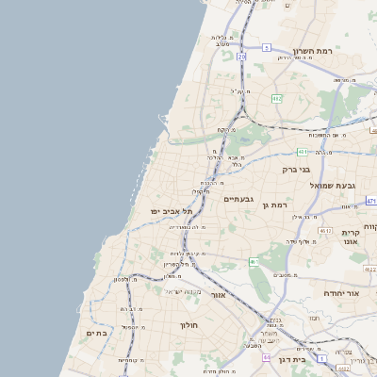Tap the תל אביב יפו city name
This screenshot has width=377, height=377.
[172, 212]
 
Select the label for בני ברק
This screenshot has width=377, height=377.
[296, 170]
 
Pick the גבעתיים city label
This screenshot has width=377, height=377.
[239, 199]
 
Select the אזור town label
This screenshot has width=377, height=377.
[219, 295]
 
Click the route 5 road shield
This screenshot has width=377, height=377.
[267, 47]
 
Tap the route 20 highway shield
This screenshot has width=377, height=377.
[241, 57]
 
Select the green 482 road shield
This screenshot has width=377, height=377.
[276, 98]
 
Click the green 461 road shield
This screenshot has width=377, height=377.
[254, 261]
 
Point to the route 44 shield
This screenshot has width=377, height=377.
[267, 358]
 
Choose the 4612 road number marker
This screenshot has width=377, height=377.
[325, 230]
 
